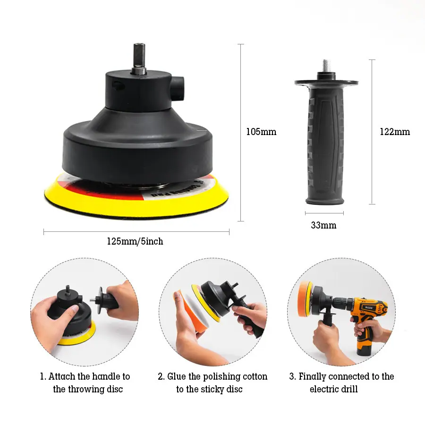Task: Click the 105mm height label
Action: (261, 132)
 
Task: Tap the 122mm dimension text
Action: (395, 132)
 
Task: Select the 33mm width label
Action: (323, 225)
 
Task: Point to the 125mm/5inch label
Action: (135, 241)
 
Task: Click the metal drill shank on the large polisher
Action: (139, 58)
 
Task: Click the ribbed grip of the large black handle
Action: (325, 146)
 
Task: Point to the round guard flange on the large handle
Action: (326, 83)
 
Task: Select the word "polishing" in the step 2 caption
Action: (221, 376)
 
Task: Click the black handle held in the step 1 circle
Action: (109, 298)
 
